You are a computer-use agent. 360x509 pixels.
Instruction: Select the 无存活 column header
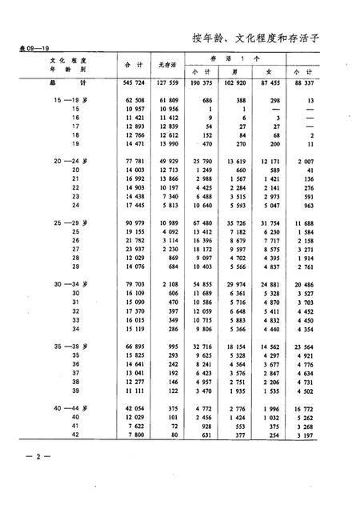coord(167,65)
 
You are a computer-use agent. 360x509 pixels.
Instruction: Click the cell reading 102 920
coord(251,82)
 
